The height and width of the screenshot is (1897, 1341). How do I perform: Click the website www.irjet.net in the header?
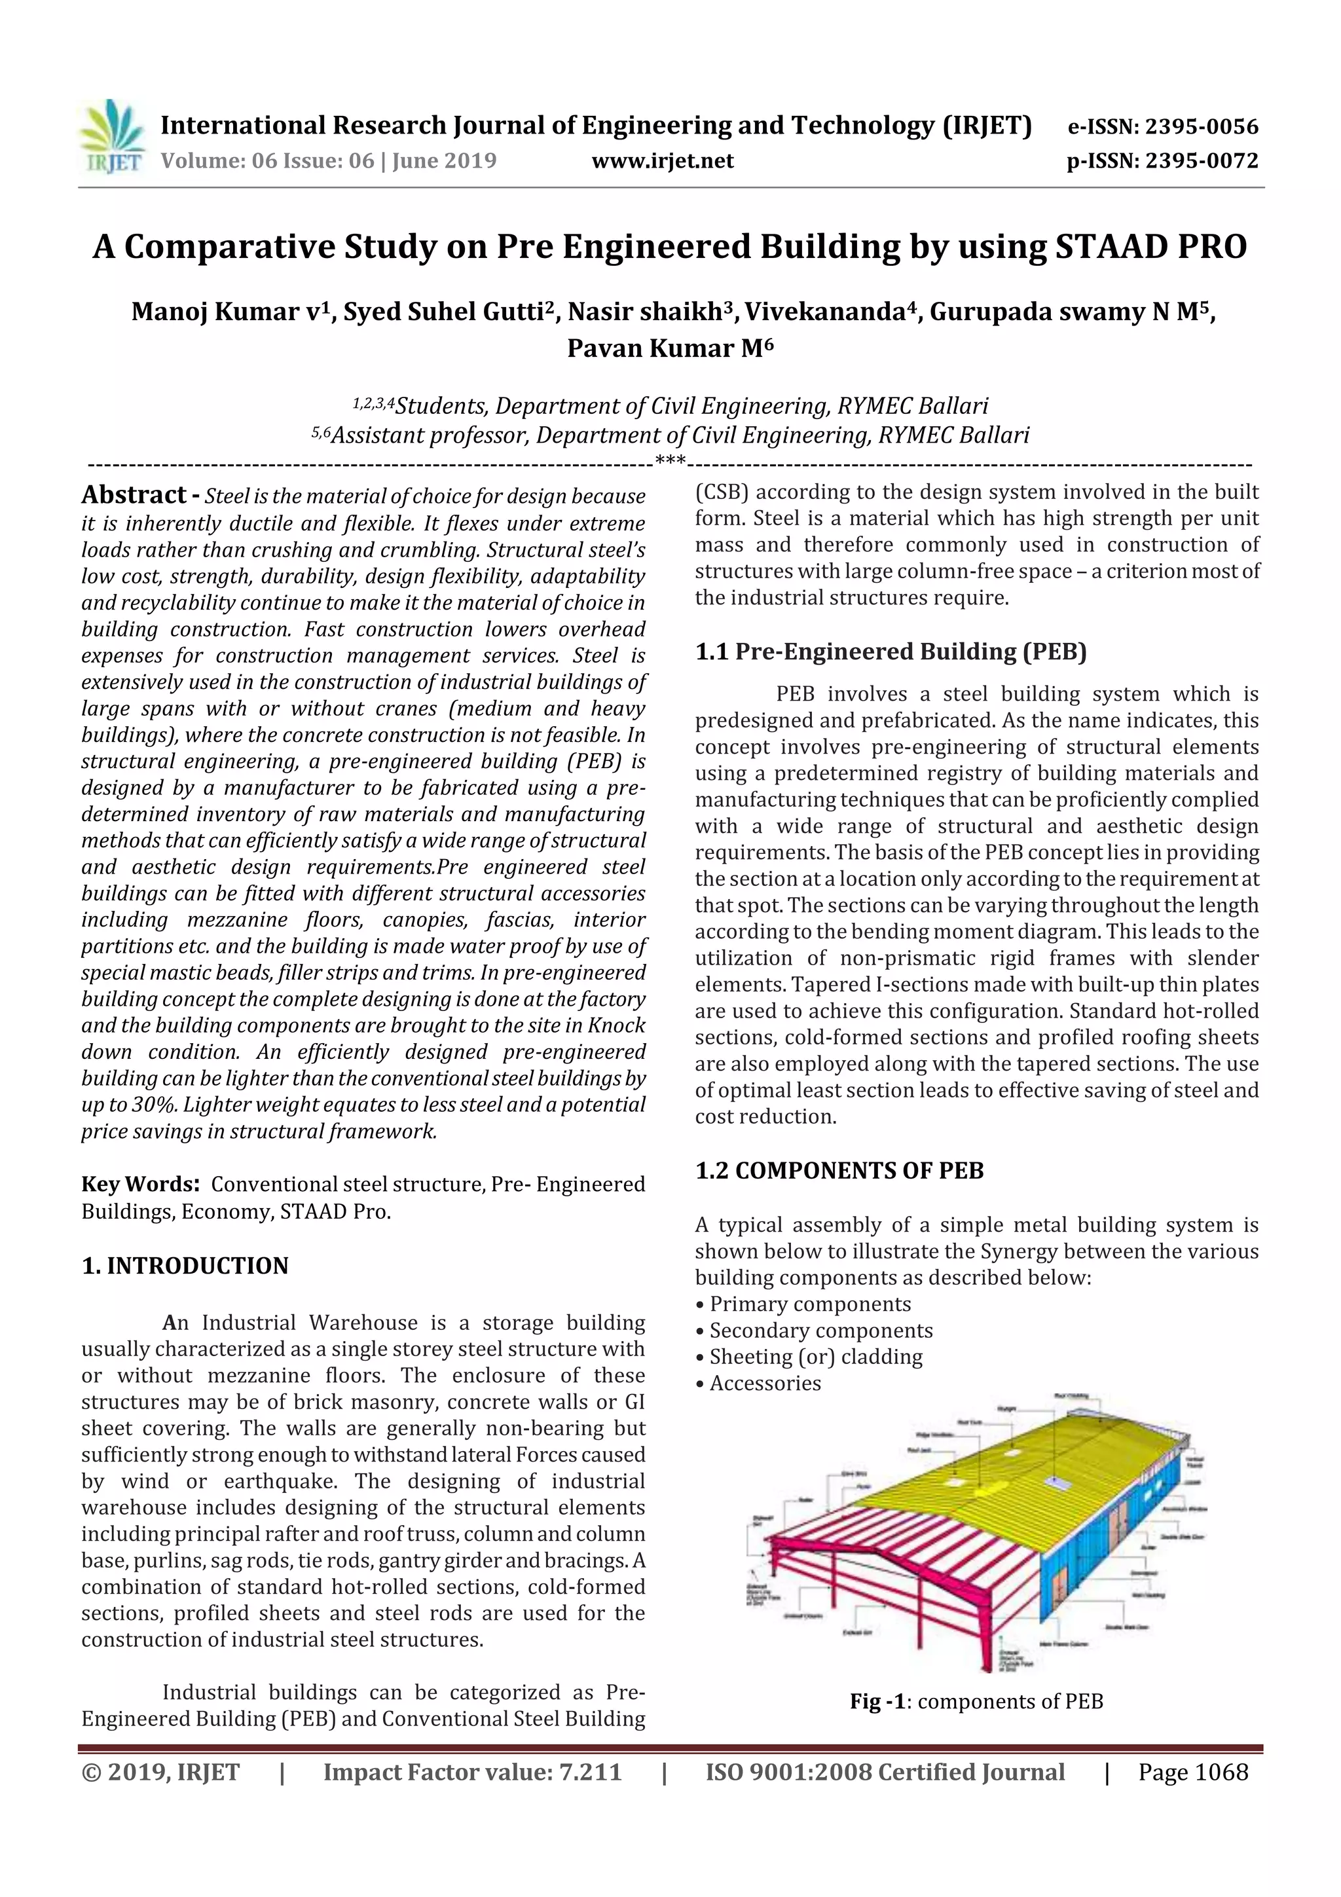tap(663, 161)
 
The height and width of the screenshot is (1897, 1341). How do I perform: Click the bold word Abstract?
tap(134, 495)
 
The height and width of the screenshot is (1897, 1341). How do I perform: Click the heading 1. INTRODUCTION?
tap(185, 1266)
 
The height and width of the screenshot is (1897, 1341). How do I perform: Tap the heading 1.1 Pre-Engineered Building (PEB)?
tap(890, 652)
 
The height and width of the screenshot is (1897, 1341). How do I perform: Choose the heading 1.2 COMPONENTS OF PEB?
tap(839, 1171)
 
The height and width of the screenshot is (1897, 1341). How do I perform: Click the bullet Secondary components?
tap(820, 1330)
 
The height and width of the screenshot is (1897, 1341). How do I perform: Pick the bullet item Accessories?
tap(765, 1383)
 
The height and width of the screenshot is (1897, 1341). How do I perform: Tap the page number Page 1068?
tap(1192, 1772)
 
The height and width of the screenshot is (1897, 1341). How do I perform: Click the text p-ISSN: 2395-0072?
tap(1162, 161)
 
